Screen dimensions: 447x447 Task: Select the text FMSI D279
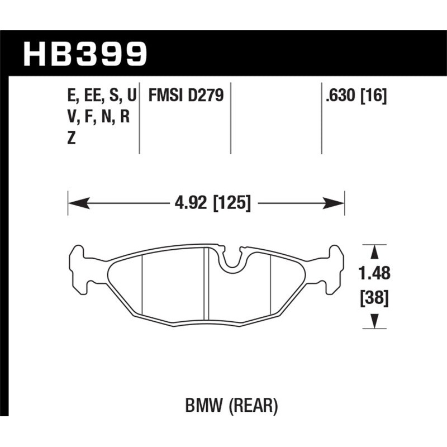pos(185,96)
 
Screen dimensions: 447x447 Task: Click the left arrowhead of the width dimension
pos(74,202)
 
